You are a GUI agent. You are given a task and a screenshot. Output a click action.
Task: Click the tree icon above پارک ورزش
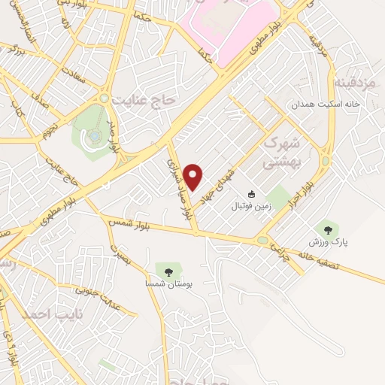[x=327, y=229]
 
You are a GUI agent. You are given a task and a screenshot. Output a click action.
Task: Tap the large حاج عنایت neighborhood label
[x=142, y=99]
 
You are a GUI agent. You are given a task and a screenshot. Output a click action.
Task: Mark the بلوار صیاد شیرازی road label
[x=179, y=188]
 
